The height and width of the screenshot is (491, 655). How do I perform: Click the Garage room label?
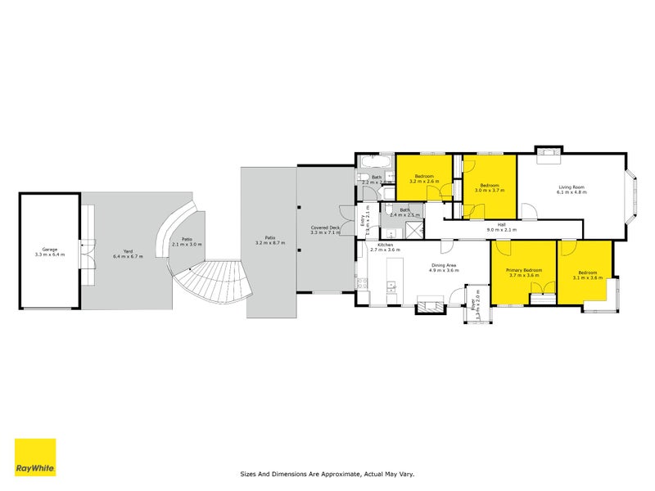49,251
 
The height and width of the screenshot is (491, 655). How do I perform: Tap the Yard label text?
128,253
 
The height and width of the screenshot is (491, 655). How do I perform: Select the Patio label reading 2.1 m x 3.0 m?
187,241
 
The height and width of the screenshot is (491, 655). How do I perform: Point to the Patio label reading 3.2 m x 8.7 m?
269,241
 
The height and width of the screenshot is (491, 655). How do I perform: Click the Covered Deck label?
325,230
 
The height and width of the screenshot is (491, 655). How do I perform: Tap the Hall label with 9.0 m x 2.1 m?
501,228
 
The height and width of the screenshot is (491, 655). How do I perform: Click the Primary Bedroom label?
524,273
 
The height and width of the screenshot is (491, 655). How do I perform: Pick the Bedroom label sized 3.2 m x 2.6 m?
424,178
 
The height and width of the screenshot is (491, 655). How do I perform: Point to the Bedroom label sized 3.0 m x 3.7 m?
490,187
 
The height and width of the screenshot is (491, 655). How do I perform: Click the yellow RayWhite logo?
35,457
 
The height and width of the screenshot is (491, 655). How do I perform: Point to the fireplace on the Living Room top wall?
547,151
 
